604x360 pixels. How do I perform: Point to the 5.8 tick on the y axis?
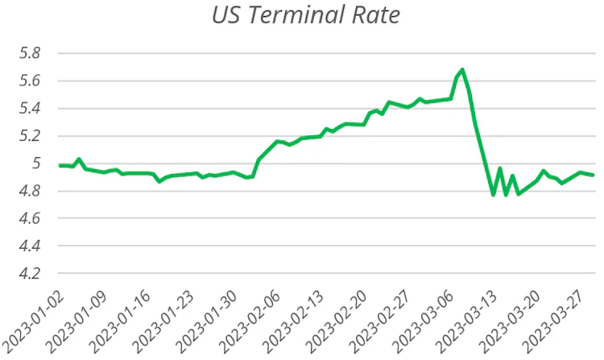click(30, 53)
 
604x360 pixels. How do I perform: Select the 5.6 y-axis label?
click(30, 81)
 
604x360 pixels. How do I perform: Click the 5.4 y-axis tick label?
click(30, 109)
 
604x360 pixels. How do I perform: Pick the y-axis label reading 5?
click(35, 163)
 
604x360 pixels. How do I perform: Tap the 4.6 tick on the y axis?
click(30, 218)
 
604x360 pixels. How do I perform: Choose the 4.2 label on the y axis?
click(30, 273)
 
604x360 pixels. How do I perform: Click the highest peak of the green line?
click(462, 70)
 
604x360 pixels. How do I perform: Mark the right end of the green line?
click(593, 175)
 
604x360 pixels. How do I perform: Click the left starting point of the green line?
click(60, 166)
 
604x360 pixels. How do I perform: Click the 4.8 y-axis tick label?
click(30, 191)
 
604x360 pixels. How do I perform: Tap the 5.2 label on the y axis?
click(30, 136)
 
